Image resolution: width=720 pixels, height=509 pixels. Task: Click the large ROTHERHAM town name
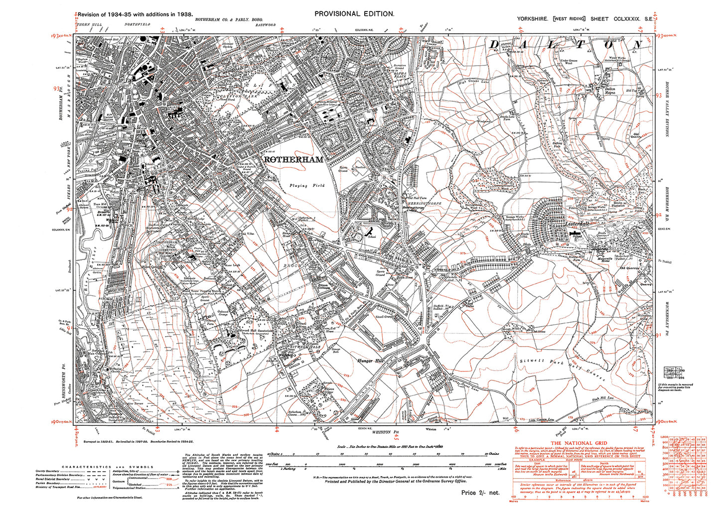coord(293,160)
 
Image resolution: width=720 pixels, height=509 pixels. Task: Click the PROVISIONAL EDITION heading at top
coord(354,14)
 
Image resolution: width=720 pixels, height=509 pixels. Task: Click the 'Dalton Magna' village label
coord(610,90)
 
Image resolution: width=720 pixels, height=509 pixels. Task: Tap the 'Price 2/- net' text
coord(480,493)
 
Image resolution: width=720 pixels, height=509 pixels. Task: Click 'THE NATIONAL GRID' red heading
coord(578,443)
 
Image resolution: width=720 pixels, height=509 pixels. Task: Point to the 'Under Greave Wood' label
coord(569,62)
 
